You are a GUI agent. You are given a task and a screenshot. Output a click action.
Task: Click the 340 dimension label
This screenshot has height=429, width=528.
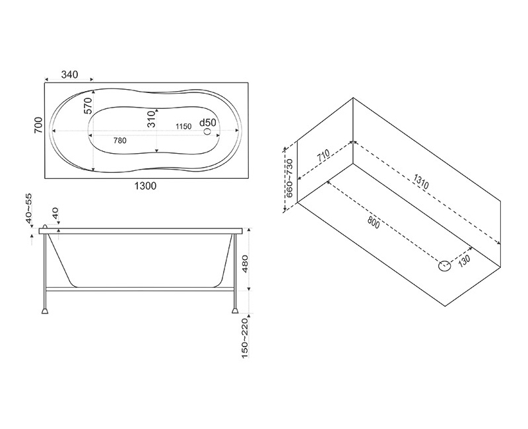click(x=70, y=74)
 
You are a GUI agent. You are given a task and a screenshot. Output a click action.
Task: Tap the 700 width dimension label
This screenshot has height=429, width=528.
click(x=39, y=125)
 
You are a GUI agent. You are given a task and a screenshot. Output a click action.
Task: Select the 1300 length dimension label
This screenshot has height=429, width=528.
click(x=145, y=185)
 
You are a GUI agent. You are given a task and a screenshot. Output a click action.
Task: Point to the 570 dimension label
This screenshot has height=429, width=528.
click(x=88, y=106)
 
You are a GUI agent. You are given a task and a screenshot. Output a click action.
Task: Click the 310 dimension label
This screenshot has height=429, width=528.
click(x=152, y=119)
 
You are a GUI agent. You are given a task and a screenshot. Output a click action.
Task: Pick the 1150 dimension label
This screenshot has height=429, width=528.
click(x=183, y=126)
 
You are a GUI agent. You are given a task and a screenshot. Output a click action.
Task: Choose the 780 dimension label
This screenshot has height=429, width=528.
click(x=120, y=141)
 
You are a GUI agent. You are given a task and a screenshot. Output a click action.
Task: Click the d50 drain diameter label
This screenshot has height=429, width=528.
click(x=207, y=123)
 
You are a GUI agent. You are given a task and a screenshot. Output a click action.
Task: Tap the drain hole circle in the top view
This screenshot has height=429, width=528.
click(x=207, y=131)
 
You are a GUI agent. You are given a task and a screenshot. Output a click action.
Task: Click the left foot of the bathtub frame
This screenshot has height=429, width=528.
click(x=45, y=310)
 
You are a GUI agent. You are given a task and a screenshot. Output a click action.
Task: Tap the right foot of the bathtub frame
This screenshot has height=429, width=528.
click(x=235, y=310)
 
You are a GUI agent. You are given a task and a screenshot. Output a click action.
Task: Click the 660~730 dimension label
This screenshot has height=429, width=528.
click(x=290, y=178)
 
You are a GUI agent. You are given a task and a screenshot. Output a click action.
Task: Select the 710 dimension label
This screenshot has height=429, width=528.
click(x=323, y=156)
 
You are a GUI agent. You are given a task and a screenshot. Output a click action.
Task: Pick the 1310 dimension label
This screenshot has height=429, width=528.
click(x=421, y=183)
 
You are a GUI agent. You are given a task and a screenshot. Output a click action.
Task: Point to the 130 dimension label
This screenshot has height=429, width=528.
click(x=464, y=260)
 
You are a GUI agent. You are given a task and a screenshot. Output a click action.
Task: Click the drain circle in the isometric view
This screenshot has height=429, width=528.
click(x=444, y=266)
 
